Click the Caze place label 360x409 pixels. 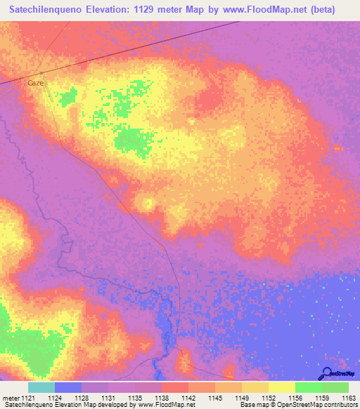click(36, 83)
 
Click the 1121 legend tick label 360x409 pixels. click(28, 398)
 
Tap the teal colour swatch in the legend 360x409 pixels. click(41, 387)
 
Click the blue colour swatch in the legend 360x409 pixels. click(68, 387)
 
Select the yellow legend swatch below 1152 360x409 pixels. click(281, 387)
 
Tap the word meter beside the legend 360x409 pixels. click(9, 398)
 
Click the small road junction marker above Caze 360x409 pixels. click(41, 74)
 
